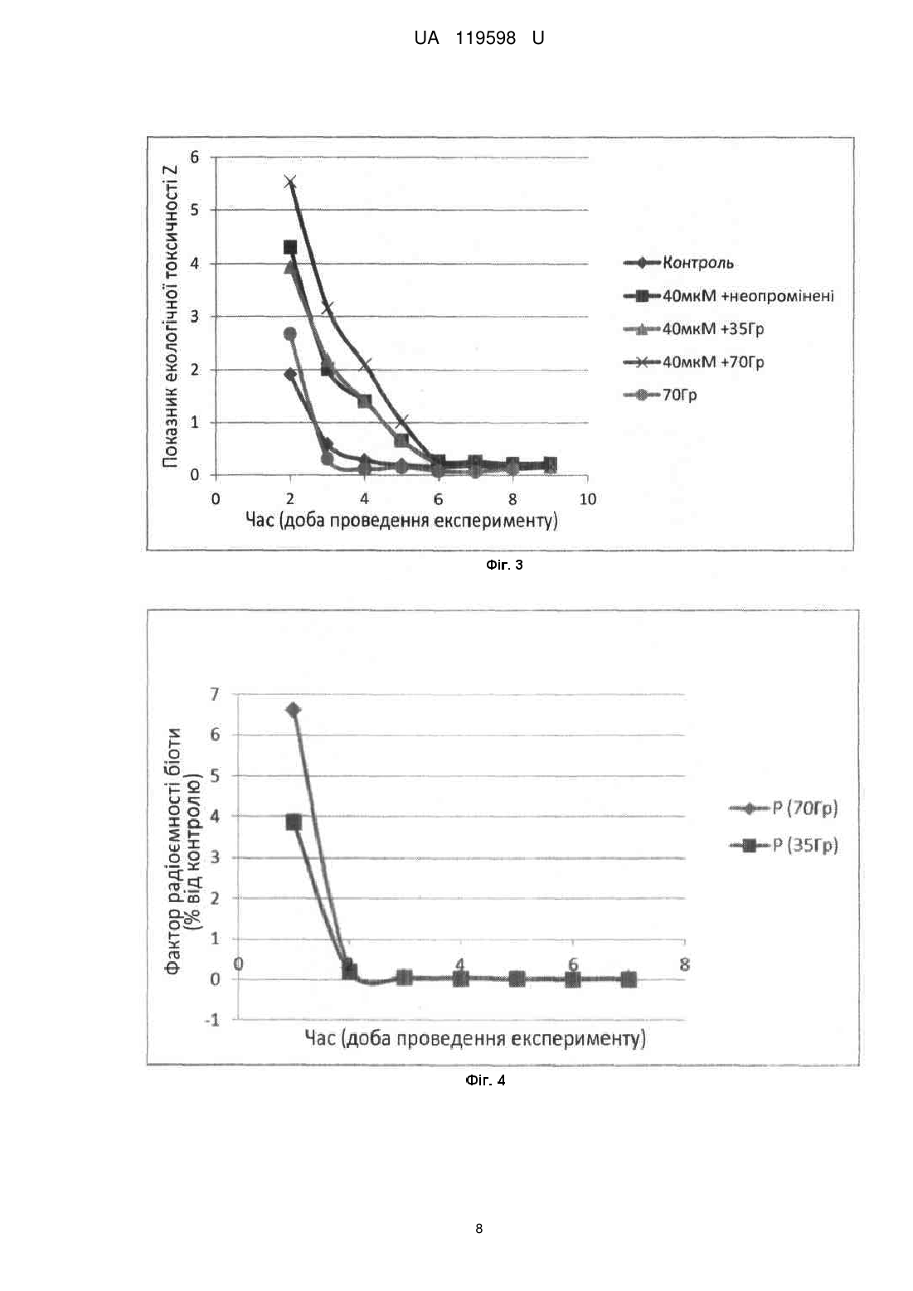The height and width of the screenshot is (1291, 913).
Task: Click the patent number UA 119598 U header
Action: pyautogui.click(x=479, y=38)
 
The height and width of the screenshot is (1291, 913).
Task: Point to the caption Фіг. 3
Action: pyautogui.click(x=504, y=565)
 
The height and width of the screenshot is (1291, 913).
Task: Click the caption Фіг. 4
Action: pyautogui.click(x=485, y=1080)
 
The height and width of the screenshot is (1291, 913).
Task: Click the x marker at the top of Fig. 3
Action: pyautogui.click(x=290, y=182)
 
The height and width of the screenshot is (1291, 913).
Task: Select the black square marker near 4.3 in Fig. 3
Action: pyautogui.click(x=290, y=247)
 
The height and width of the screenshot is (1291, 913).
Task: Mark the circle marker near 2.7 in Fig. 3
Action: pyautogui.click(x=290, y=333)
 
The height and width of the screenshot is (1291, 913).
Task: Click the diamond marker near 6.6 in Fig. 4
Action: pyautogui.click(x=294, y=710)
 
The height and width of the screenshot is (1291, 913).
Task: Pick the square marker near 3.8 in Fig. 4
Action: pyautogui.click(x=294, y=823)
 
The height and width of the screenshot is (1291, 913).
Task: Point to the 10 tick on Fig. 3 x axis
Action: pyautogui.click(x=587, y=499)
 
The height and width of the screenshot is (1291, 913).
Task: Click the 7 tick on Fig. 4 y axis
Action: pyautogui.click(x=215, y=695)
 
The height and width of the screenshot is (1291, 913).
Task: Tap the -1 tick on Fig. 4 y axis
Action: pyautogui.click(x=212, y=1020)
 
